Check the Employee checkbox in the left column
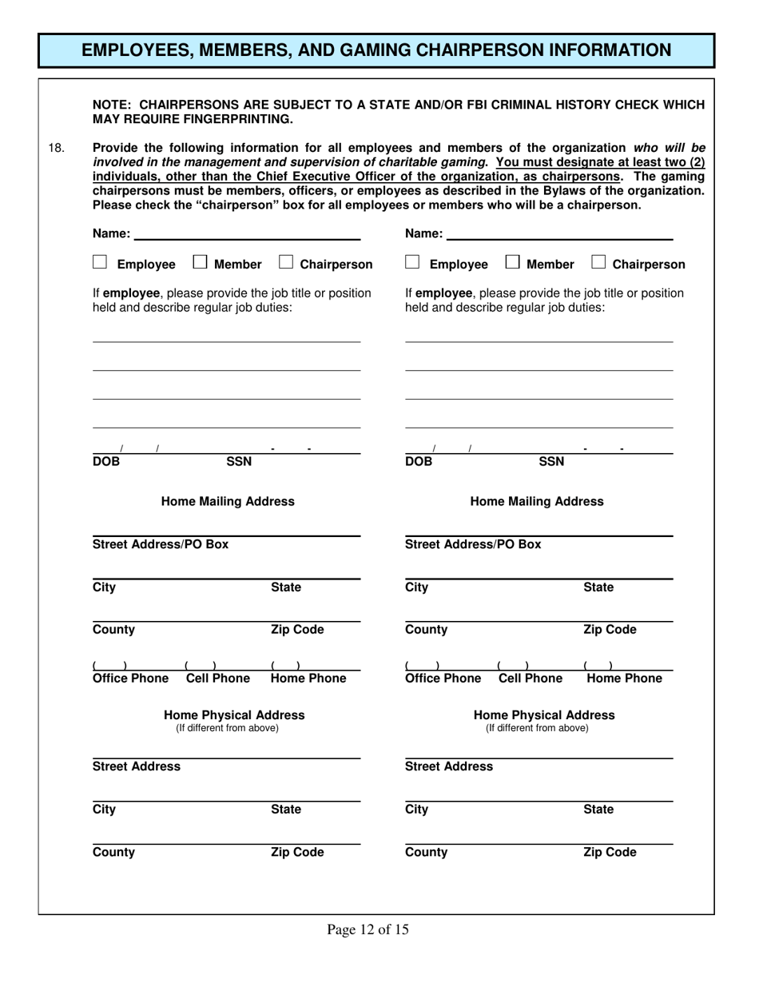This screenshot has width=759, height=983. click(100, 262)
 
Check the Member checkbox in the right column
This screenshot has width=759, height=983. click(513, 262)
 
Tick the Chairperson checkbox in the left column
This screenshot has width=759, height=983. click(286, 262)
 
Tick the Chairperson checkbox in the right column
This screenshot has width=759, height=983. click(598, 262)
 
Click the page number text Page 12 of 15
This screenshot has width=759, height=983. click(368, 929)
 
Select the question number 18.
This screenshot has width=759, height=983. click(56, 148)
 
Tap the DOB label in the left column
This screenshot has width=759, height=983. click(106, 461)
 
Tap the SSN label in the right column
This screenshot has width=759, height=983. click(551, 461)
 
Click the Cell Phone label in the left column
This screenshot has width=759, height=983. click(217, 679)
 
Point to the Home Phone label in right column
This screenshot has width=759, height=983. click(624, 679)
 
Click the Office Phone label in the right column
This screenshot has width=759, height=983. click(443, 679)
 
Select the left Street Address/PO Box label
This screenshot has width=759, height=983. click(161, 544)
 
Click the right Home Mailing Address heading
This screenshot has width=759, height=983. click(537, 502)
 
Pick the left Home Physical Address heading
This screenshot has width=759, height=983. click(234, 715)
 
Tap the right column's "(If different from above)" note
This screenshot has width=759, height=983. click(537, 728)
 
